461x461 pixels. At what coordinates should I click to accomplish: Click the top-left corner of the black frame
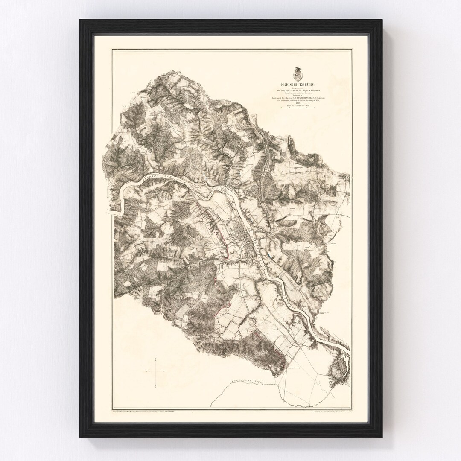80,20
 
